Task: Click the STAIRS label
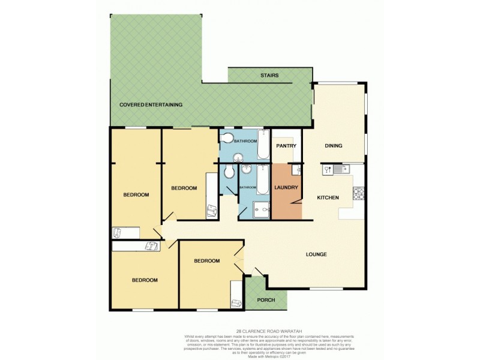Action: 269,76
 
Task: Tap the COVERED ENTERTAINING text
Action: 151,104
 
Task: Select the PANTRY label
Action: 286,146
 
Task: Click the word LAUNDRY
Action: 286,188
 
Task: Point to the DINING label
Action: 333,146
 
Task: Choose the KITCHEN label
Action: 328,197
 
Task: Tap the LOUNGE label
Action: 316,254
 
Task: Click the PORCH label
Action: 266,300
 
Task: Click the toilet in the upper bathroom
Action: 226,139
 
